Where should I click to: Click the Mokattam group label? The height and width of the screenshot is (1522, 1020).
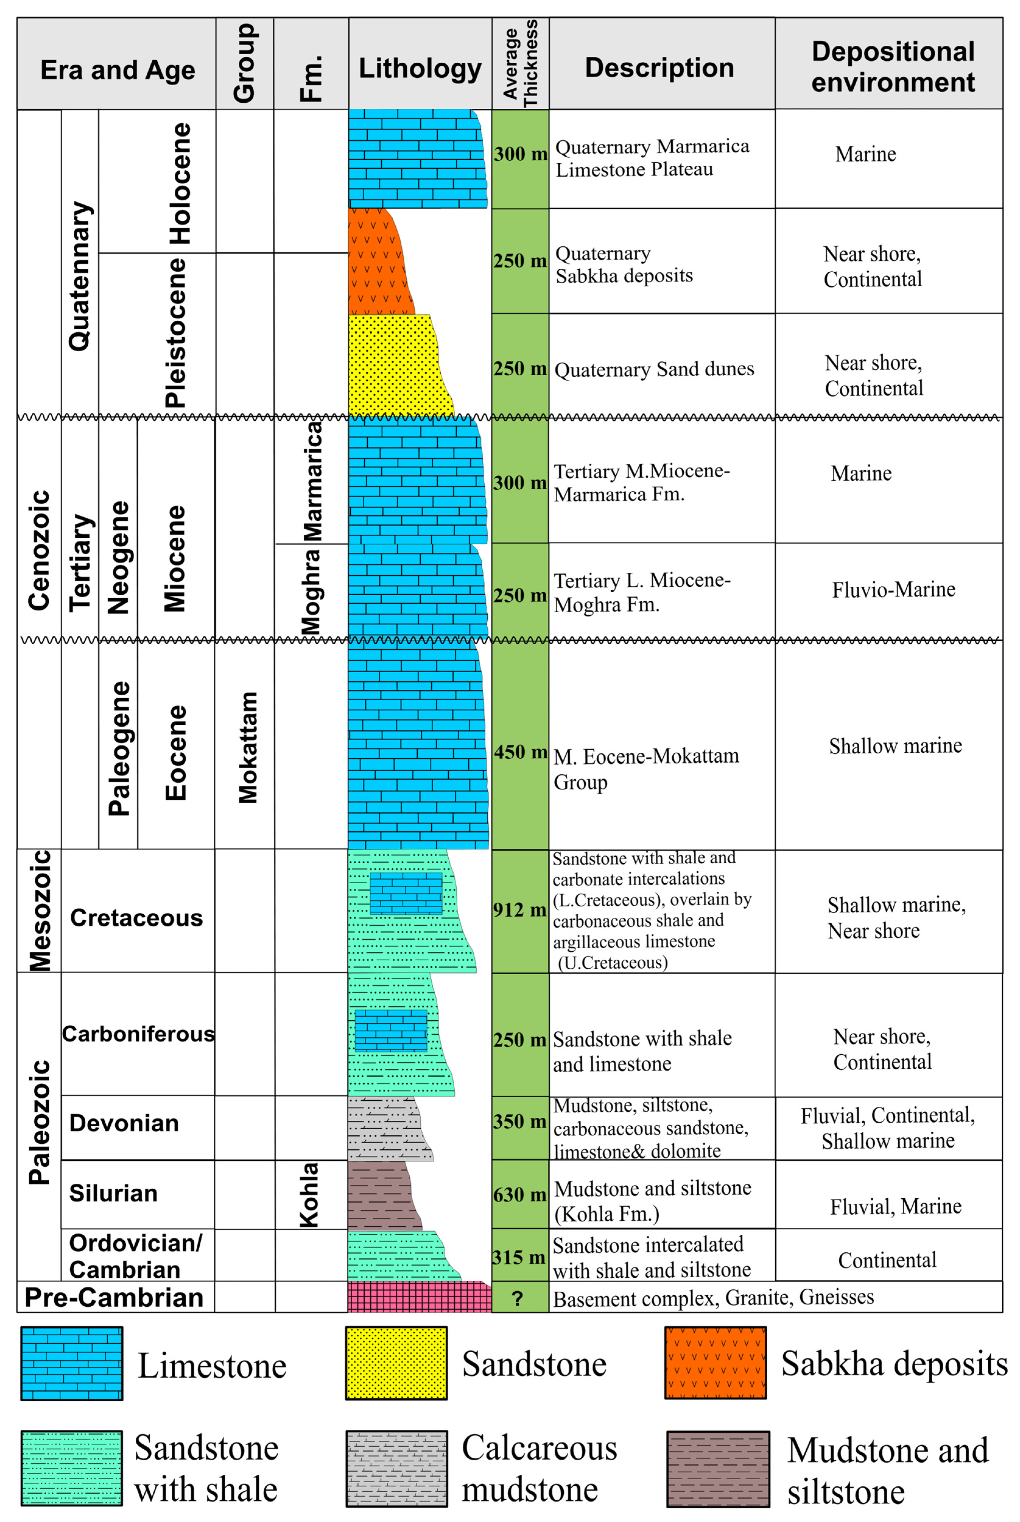pyautogui.click(x=248, y=747)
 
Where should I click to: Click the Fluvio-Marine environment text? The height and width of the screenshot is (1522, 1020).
pyautogui.click(x=893, y=590)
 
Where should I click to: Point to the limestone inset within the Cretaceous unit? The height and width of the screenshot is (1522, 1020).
pyautogui.click(x=406, y=893)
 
